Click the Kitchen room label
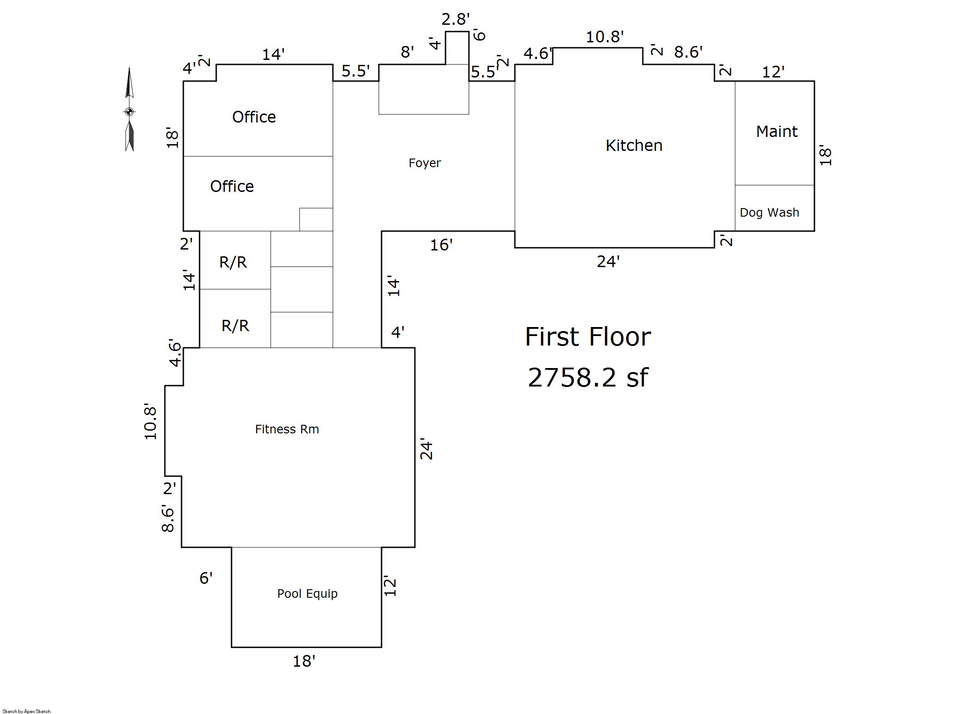[634, 146]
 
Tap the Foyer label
[424, 163]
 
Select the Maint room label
[777, 132]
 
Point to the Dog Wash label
[769, 213]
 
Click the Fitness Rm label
[287, 429]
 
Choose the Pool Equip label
[307, 594]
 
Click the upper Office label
[254, 117]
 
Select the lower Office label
[232, 186]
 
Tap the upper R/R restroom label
[233, 262]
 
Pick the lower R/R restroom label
[235, 326]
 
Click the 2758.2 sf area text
[588, 377]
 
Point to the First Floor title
[588, 337]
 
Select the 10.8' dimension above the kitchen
[605, 37]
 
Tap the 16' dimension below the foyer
[441, 245]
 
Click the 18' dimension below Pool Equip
[304, 661]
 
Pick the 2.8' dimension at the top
[455, 19]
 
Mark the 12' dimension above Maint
[773, 72]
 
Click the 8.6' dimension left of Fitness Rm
[168, 518]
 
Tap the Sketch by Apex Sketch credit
[27, 711]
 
